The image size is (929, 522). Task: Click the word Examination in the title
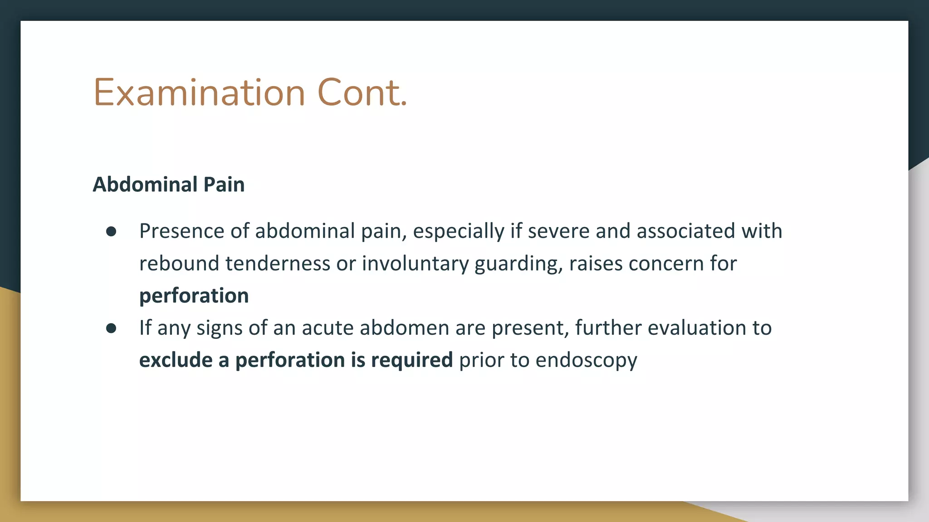pyautogui.click(x=199, y=93)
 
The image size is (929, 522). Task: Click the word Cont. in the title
pyautogui.click(x=362, y=93)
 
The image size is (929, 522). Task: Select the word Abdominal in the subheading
pyautogui.click(x=145, y=185)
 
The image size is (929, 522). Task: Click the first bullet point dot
pyautogui.click(x=111, y=232)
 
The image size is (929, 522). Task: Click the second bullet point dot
pyautogui.click(x=111, y=329)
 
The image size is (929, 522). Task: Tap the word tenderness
pyautogui.click(x=278, y=264)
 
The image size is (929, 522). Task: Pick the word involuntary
pyautogui.click(x=415, y=264)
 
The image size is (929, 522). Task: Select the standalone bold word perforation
pyautogui.click(x=194, y=296)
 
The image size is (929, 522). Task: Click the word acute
pyautogui.click(x=328, y=328)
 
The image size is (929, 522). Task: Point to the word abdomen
pyautogui.click(x=404, y=328)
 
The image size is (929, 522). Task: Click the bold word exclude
pyautogui.click(x=176, y=360)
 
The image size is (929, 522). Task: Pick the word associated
pyautogui.click(x=686, y=231)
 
